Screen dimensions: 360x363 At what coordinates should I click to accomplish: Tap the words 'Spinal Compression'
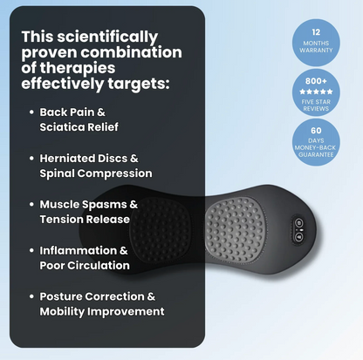[x=96, y=173]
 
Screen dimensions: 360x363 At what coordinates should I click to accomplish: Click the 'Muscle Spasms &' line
[x=88, y=204]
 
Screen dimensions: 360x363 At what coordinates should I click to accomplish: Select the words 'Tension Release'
[x=85, y=219]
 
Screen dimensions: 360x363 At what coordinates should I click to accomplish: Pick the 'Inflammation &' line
[x=84, y=250]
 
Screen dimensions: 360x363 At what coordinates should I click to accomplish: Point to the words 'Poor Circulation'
[x=86, y=265]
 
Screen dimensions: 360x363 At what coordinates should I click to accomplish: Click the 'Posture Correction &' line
[x=100, y=295]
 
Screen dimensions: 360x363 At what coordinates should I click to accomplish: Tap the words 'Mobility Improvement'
[x=102, y=310]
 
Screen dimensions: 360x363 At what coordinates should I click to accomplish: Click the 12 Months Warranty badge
[x=316, y=39]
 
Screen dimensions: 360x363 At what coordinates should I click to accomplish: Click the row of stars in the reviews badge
[x=316, y=92]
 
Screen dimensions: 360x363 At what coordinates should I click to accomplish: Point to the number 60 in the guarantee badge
[x=316, y=129]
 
